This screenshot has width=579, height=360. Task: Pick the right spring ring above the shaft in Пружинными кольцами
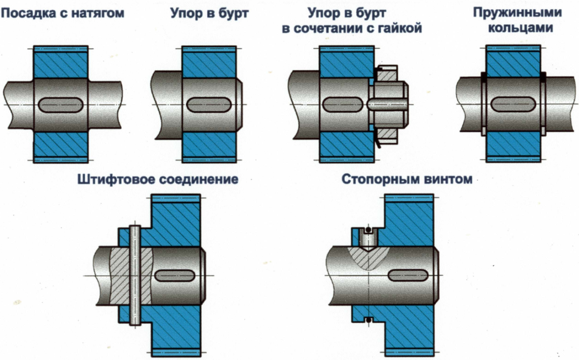(543, 76)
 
